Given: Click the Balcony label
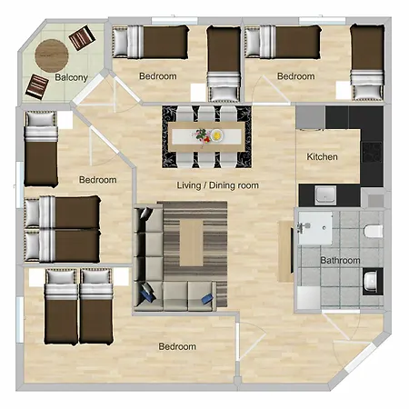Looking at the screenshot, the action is pos(71,77).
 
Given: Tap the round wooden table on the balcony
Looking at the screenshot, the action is pos(52,55).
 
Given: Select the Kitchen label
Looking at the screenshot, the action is pos(322,157).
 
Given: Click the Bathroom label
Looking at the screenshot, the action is pos(340,261).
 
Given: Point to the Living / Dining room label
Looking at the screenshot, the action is pos(217,185).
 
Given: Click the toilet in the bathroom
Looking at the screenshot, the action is pos(374,231).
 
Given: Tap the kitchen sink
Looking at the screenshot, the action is pos(325,195).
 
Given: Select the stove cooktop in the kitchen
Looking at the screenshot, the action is pos(373,152).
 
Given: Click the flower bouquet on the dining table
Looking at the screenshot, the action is pos(202,135).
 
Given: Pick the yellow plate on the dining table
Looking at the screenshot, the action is pos(217,135).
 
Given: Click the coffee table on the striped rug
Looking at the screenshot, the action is pos(192,243).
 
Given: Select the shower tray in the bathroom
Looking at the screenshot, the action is pos(315,228).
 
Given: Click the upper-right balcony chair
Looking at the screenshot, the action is pos(82,38).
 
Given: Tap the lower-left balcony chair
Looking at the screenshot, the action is pos(37,87).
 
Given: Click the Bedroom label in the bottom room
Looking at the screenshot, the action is pos(177,346).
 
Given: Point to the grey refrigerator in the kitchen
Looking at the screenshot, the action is pos(311,117).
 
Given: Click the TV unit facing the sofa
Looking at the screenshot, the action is pos(285,252).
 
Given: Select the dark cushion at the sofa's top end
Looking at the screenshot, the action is pos(146,214).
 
